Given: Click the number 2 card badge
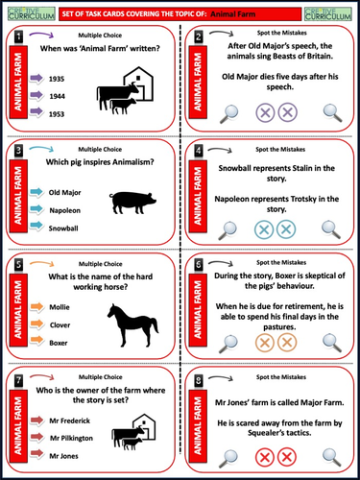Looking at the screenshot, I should click(199, 36).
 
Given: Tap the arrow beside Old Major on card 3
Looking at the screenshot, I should click(36, 190).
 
